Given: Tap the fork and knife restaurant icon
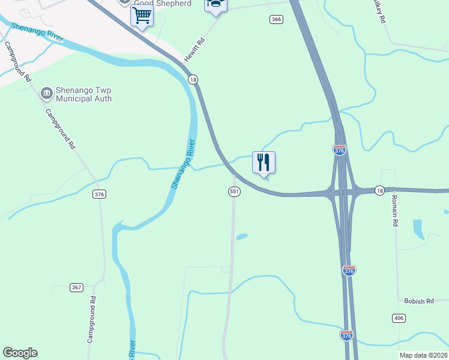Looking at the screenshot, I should (264, 162).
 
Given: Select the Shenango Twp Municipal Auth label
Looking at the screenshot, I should (83, 94).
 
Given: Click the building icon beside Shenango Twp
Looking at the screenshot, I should (46, 94).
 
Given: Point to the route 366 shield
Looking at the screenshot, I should (276, 19).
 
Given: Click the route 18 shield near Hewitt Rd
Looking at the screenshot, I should (192, 79).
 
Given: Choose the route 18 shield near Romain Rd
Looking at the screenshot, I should (379, 190).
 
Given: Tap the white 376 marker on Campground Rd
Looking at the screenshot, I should (100, 194).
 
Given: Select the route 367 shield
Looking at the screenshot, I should (76, 287).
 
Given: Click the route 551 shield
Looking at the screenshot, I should (234, 191).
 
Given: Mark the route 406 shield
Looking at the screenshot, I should (399, 317).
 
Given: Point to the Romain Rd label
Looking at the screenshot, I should (395, 211).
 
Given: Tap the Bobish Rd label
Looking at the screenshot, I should (418, 301).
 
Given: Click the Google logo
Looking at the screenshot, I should (20, 353).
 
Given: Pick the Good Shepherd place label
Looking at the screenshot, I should (162, 4).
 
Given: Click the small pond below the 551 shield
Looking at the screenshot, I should (242, 236).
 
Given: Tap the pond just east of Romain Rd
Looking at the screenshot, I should (418, 228).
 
